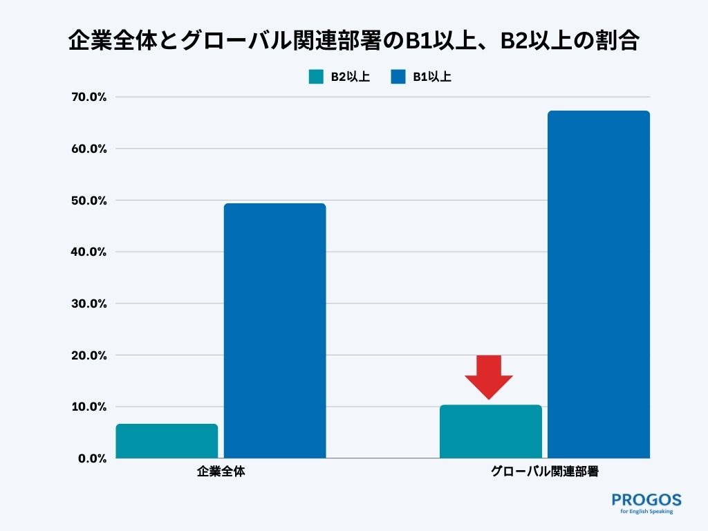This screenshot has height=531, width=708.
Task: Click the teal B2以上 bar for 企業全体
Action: coord(167,441)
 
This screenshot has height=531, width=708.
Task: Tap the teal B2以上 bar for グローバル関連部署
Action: coord(491,431)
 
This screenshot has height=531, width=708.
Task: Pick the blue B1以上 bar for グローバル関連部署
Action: coord(599,284)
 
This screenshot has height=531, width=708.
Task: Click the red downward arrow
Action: coord(489,375)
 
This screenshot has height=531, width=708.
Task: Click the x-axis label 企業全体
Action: coord(221,473)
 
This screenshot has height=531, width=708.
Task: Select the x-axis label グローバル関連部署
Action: coord(544,473)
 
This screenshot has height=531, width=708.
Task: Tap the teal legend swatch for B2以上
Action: coord(316,77)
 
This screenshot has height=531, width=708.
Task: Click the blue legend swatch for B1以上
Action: coord(398,77)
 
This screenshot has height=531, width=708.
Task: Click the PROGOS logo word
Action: coord(646,499)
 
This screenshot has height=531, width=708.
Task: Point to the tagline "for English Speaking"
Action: coord(646,512)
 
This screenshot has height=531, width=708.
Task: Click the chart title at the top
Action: coord(353,40)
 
